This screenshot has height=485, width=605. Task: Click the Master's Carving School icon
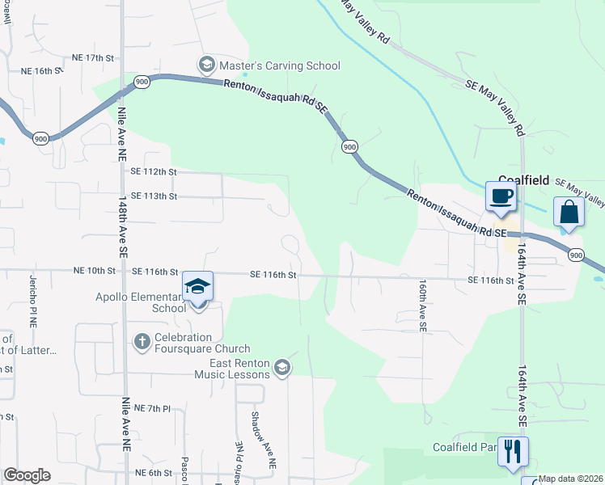(206, 65)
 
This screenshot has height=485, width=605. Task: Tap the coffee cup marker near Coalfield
(500, 196)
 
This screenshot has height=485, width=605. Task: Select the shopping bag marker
(569, 212)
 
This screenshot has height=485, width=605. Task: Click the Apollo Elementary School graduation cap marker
(197, 286)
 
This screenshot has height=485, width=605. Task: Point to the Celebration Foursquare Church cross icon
(142, 342)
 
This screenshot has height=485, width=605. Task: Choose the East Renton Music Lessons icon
(281, 369)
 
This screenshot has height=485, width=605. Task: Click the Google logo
(27, 475)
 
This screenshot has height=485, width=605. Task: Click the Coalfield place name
(524, 179)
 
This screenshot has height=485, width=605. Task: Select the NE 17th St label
(95, 57)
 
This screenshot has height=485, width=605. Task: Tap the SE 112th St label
(153, 171)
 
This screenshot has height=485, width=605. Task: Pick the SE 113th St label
(153, 196)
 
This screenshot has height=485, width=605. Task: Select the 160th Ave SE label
(422, 306)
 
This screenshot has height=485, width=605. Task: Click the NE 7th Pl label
(153, 409)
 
